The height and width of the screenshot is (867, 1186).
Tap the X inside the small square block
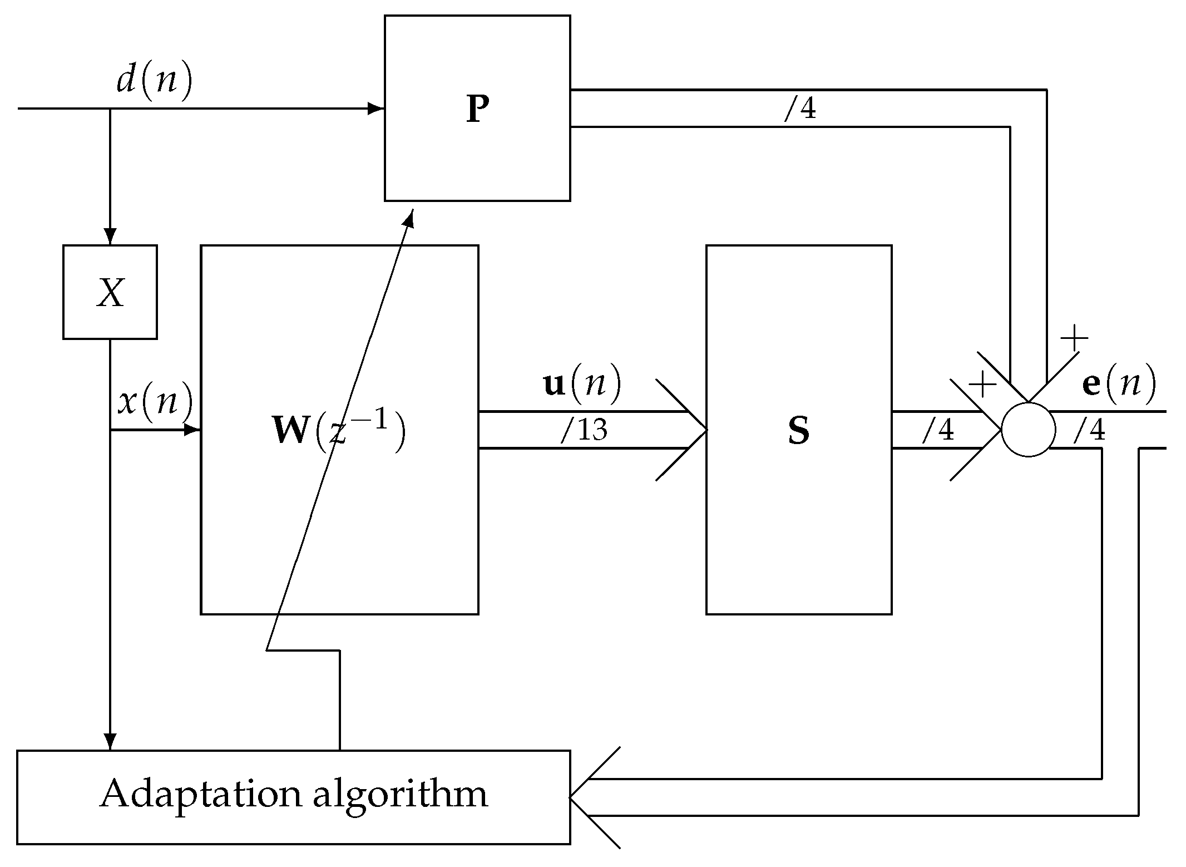(110, 293)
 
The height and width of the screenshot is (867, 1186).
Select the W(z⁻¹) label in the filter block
(339, 431)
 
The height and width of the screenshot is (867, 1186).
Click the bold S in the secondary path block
(799, 432)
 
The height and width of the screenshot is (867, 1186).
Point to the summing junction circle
(1027, 430)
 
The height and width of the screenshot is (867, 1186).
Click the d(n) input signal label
(154, 81)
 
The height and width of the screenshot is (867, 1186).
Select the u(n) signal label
(582, 385)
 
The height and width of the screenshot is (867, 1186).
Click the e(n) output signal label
(1119, 385)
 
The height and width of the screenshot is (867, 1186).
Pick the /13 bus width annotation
(584, 430)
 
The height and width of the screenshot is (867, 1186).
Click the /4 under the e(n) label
(1089, 430)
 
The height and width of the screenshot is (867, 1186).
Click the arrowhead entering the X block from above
(110, 237)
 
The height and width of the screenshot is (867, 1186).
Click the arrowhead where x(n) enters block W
(192, 430)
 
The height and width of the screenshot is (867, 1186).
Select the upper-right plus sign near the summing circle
(1074, 338)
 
